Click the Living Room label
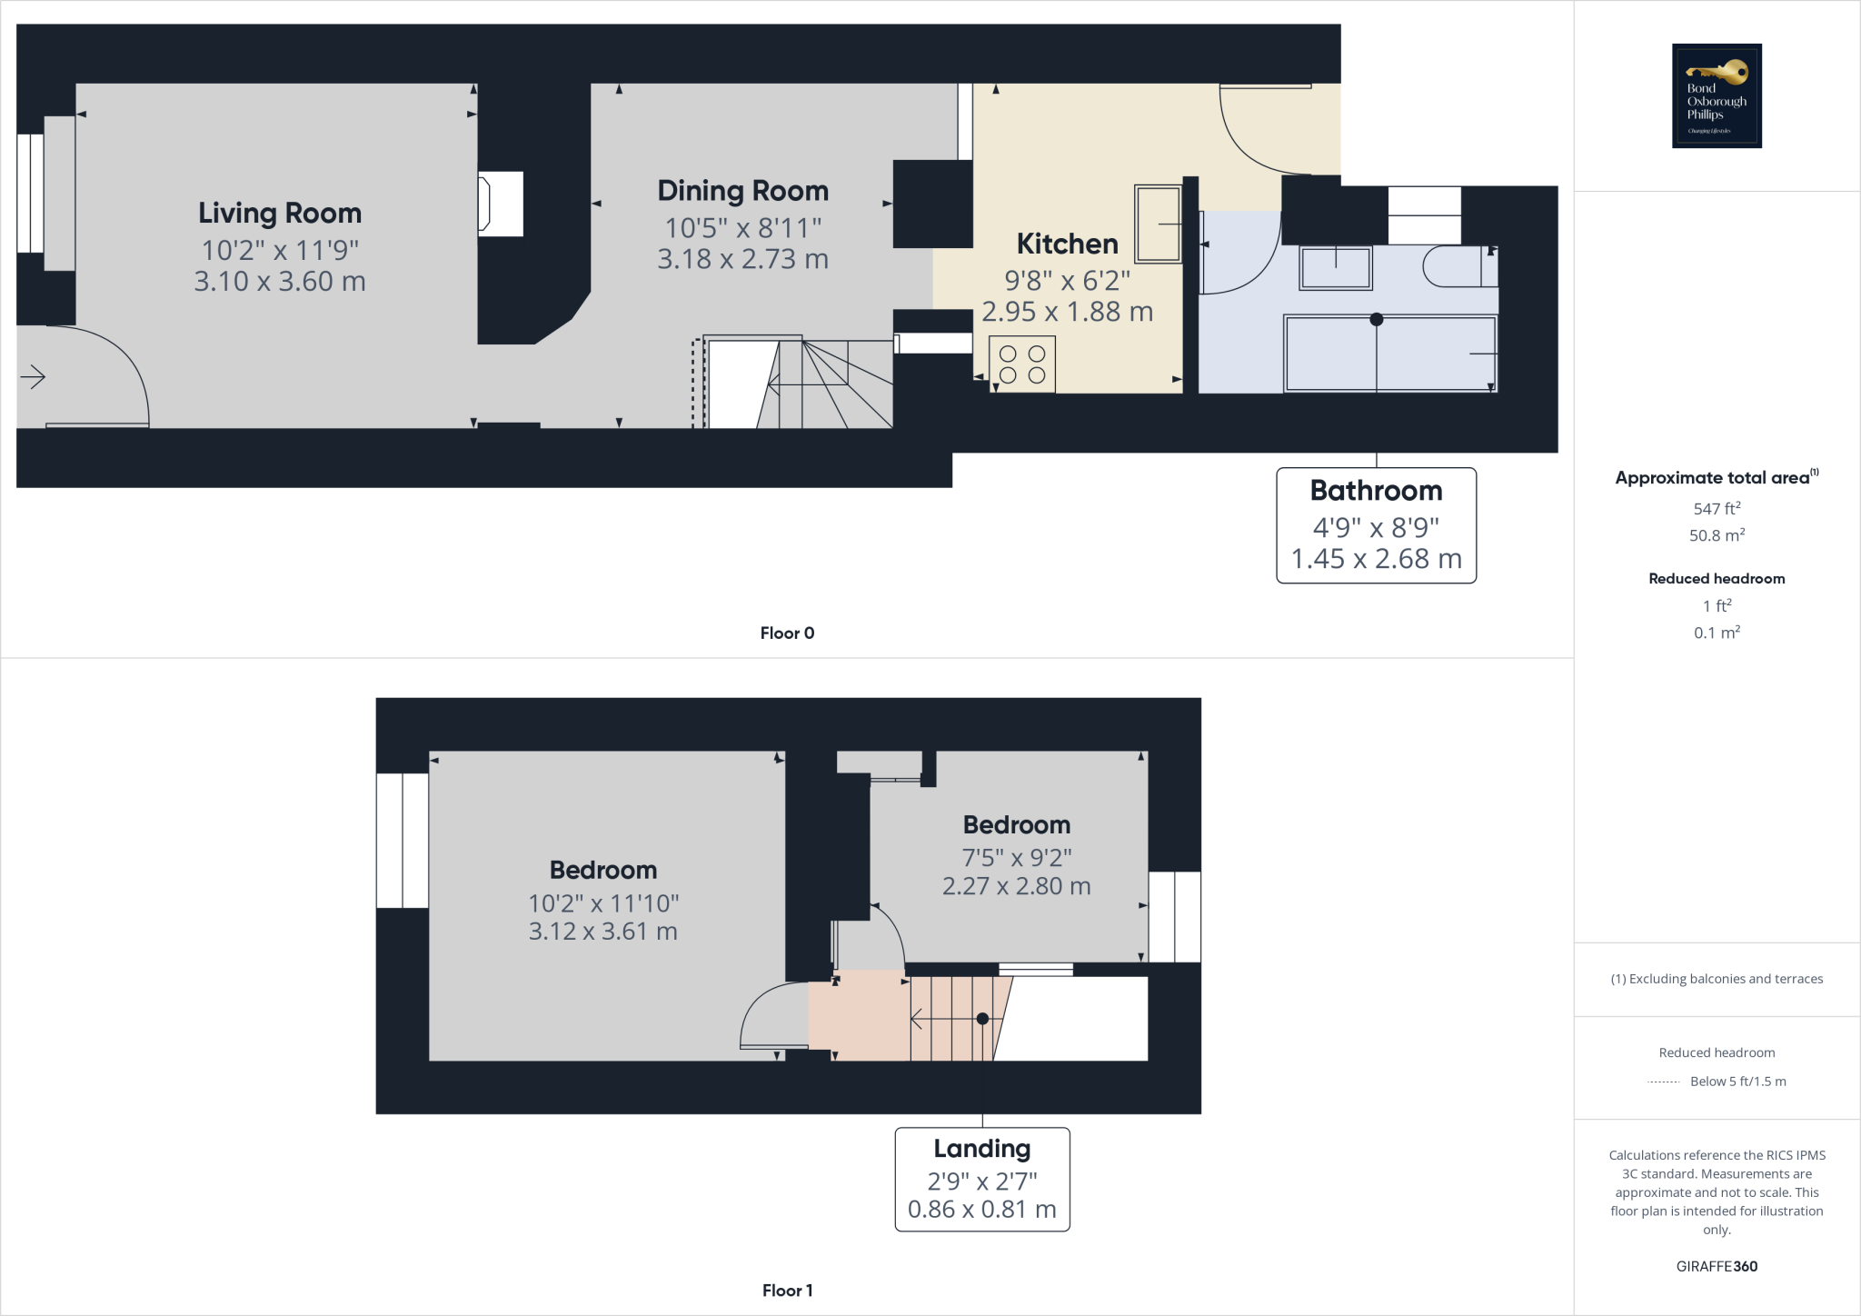[280, 213]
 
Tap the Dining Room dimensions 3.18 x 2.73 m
[742, 259]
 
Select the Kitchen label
[1067, 244]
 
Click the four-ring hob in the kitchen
[1022, 364]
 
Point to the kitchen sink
[1158, 224]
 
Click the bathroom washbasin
[1335, 268]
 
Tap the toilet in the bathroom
[1458, 266]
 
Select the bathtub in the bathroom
[1390, 354]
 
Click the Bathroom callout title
[1376, 491]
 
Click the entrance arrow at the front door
[33, 376]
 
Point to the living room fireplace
[500, 204]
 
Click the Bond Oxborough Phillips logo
[1717, 95]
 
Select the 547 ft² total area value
[1717, 509]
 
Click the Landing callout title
[981, 1149]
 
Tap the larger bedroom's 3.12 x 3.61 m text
[602, 932]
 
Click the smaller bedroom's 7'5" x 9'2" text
[1016, 857]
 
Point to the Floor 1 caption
[787, 1291]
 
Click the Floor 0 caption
[787, 633]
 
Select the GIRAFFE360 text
[1717, 1266]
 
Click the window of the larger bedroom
[403, 841]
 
